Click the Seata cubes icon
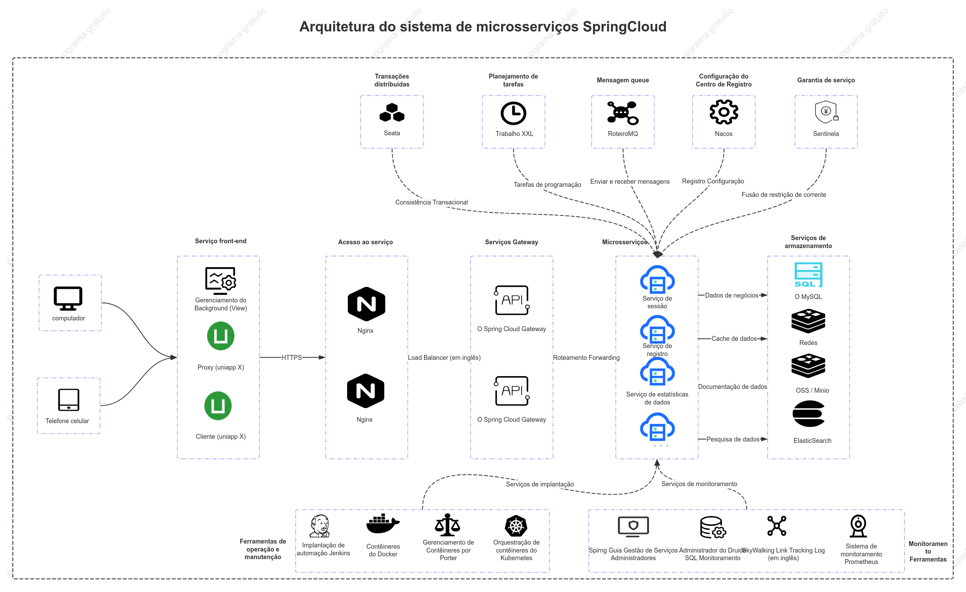click(x=392, y=112)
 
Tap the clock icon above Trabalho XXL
click(x=513, y=113)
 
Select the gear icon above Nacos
click(x=724, y=112)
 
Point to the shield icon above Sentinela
click(x=826, y=112)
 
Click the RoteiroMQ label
click(x=623, y=134)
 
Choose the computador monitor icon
click(x=68, y=299)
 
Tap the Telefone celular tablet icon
click(x=68, y=400)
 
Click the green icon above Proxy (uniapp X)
click(x=221, y=336)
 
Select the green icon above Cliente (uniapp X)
click(x=218, y=406)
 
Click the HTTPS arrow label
click(x=292, y=357)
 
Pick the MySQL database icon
click(x=808, y=275)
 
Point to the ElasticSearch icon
click(x=808, y=413)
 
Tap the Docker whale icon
click(x=383, y=524)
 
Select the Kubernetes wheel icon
click(x=516, y=526)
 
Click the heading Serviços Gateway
click(x=511, y=242)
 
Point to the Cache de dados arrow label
click(x=734, y=339)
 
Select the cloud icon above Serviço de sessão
click(x=657, y=279)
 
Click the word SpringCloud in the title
click(x=624, y=27)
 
